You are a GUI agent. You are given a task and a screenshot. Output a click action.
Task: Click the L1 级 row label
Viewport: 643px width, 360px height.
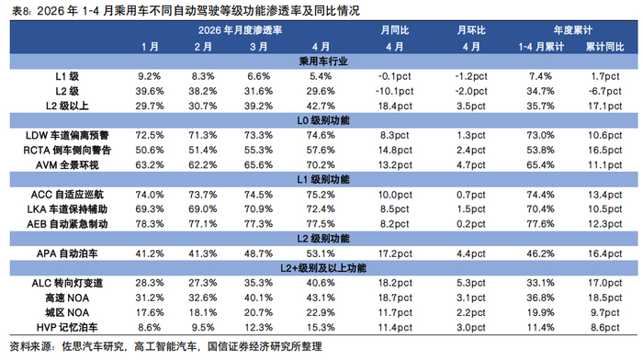click(67, 76)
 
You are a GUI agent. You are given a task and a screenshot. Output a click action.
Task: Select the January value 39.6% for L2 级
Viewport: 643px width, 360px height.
click(150, 91)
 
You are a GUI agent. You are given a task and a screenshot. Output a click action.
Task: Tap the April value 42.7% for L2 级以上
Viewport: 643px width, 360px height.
click(321, 106)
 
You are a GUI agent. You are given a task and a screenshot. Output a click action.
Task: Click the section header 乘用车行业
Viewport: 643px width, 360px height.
click(323, 62)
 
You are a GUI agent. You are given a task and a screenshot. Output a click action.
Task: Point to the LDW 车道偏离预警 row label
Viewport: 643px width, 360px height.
click(67, 135)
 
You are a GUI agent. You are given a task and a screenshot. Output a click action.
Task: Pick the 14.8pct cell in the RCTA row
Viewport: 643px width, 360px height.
click(395, 150)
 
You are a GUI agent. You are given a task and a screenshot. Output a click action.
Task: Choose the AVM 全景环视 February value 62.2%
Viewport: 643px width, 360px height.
click(203, 164)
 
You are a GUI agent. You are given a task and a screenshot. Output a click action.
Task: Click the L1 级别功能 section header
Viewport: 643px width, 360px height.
click(323, 180)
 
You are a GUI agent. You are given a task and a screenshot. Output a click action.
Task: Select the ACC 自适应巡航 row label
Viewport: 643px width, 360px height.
click(67, 195)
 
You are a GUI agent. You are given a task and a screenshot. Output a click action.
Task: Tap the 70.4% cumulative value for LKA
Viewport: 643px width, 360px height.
click(540, 209)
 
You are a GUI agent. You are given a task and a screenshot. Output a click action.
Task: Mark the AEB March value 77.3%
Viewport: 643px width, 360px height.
click(258, 224)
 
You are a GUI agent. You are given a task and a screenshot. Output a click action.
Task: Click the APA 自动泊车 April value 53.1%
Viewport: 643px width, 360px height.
click(321, 253)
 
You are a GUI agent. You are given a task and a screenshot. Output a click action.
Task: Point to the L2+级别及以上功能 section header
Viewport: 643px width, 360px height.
click(323, 268)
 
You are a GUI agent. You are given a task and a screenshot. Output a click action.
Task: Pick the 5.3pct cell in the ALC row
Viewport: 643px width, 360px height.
click(470, 283)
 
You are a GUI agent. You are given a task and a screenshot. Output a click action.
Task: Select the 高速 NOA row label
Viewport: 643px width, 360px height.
click(67, 298)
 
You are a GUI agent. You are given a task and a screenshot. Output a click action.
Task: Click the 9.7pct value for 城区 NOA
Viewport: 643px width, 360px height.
click(604, 312)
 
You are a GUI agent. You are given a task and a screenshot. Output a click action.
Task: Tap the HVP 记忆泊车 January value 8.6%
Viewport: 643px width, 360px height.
click(150, 327)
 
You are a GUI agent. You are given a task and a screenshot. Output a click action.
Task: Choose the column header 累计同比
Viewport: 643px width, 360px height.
click(604, 47)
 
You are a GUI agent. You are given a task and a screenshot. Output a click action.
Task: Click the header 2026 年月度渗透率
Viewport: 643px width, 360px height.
click(240, 30)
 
